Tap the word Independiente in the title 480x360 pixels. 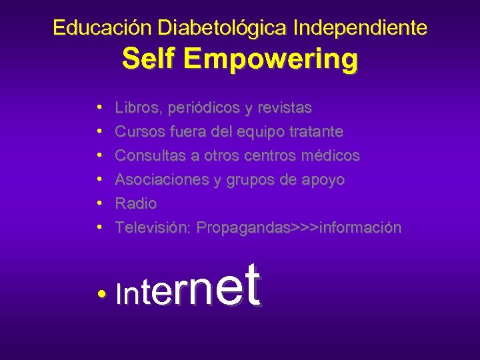360,28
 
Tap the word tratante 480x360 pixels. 317,131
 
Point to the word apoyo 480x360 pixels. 322,179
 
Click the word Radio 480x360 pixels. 136,203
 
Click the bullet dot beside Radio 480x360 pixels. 99,203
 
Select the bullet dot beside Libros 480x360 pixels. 99,107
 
